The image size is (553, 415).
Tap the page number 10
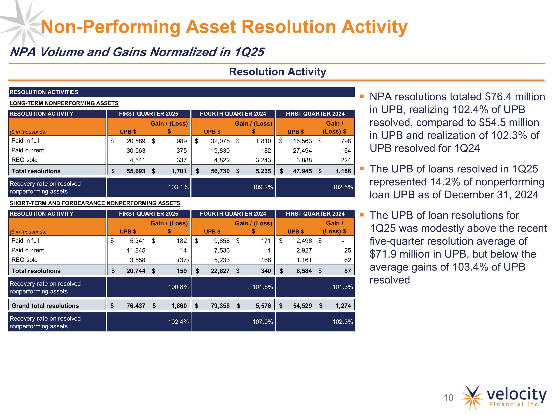[x=448, y=397]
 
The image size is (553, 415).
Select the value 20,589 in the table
[x=136, y=141]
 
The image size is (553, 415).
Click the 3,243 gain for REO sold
[x=263, y=160]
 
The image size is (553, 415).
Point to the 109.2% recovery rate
[x=262, y=187]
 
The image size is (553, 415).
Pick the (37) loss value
[x=183, y=260]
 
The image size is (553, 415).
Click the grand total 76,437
[x=136, y=306]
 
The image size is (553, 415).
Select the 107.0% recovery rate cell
[x=262, y=322]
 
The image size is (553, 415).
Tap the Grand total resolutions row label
[x=45, y=306]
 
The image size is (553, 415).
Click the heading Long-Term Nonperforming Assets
[x=64, y=103]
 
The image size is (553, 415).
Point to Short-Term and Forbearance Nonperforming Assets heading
[x=95, y=203]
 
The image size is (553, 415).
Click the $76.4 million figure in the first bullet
[x=514, y=97]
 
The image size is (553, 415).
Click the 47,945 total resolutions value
[x=302, y=171]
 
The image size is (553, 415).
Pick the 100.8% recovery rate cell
[x=178, y=287]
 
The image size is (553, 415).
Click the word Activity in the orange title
[x=375, y=27]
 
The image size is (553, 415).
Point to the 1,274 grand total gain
[x=343, y=306]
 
